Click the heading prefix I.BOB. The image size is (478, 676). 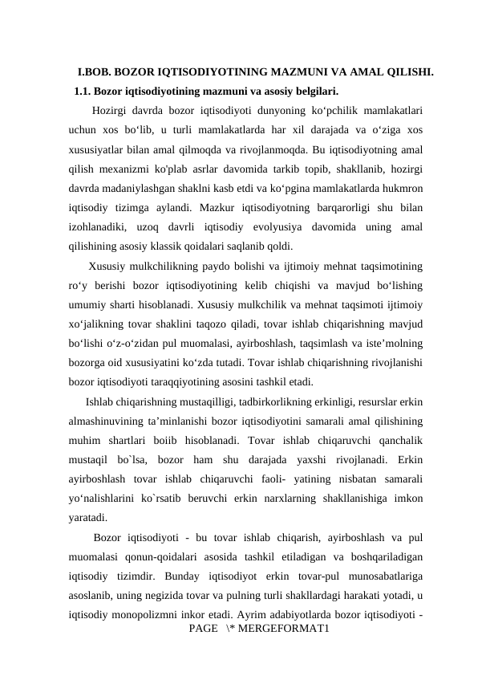point(94,72)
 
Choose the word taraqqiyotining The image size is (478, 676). point(181,360)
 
